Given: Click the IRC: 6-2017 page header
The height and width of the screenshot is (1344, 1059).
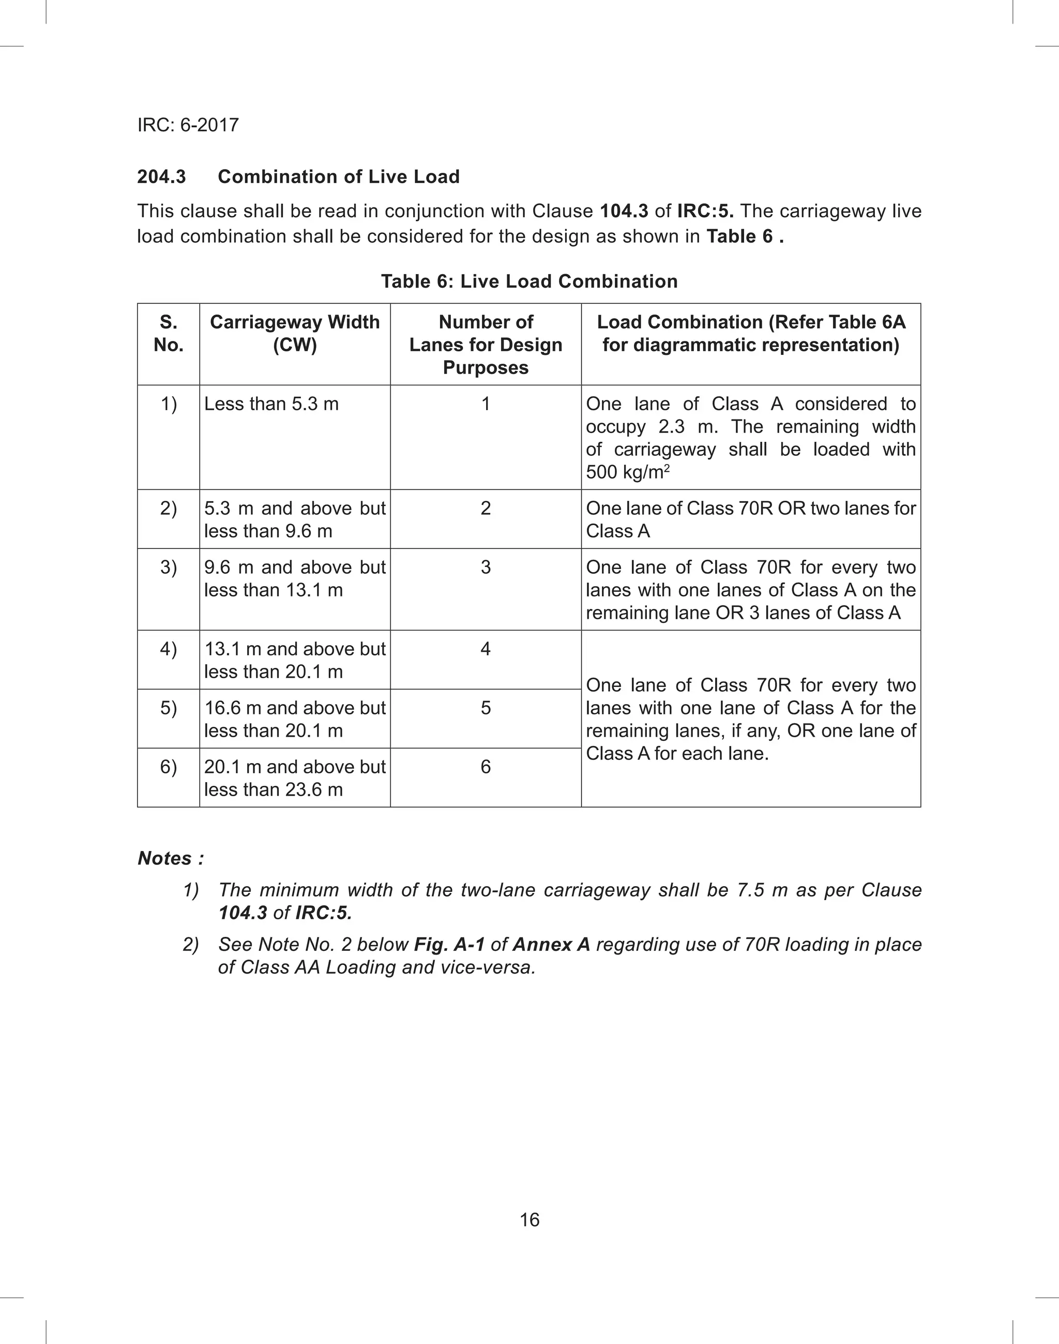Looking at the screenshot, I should pos(188,125).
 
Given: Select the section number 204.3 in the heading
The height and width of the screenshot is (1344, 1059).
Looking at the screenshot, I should pos(161,177).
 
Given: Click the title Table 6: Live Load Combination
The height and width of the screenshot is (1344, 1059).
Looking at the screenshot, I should pos(529,281).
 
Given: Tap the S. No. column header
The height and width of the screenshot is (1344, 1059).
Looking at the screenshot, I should pos(168,333).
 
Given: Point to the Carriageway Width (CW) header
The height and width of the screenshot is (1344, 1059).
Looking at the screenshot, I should pos(295,333).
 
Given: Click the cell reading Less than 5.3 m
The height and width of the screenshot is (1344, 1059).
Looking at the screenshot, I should pos(271,404).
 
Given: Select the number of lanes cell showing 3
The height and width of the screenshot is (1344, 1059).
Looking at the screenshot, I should pos(486,567).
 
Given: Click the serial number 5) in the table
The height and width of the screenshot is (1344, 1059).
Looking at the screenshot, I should pos(168,708).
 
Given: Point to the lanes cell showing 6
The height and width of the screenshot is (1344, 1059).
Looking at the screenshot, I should pos(486,767).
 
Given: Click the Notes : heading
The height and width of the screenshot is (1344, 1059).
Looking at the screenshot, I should pos(171,858).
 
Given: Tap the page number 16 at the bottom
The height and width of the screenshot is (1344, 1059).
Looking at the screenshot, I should pos(529,1219).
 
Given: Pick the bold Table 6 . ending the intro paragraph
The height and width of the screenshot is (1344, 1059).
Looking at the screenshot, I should pos(745,236).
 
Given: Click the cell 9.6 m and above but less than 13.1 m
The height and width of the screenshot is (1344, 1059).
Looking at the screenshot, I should pos(295,578).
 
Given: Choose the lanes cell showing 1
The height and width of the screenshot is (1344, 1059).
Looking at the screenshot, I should pos(486,404).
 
